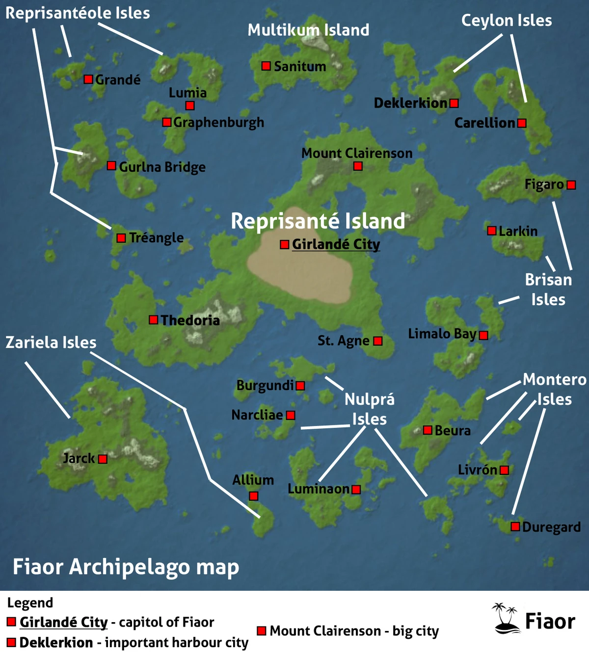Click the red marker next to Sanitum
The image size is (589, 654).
pos(266,66)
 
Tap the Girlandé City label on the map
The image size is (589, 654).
pos(336,244)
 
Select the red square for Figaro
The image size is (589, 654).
pos(571,185)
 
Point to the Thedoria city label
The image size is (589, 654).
pos(190,320)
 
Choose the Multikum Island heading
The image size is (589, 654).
pos(308,30)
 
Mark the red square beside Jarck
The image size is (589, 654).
pos(103,459)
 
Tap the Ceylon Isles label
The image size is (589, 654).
pos(507,21)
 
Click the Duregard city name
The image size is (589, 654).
pos(551,527)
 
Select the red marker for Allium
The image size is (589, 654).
pos(253,496)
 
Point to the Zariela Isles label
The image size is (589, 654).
pos(51,342)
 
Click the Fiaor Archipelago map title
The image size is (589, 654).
pos(126,567)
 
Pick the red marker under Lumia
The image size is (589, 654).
pos(190,105)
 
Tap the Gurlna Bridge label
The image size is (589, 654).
pos(162,167)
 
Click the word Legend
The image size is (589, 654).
pos(30,603)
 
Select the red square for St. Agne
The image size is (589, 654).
pos(377,341)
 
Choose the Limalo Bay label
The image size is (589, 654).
pos(442,334)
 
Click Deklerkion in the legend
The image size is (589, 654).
pos(56,642)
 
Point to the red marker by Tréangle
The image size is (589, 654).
pos(121,238)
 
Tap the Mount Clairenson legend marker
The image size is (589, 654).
pos(262,630)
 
